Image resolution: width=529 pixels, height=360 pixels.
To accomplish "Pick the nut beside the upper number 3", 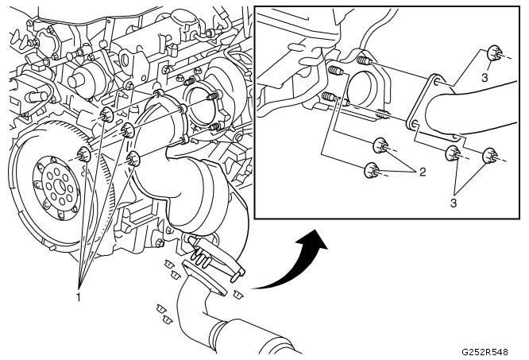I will pyautogui.click(x=492, y=53).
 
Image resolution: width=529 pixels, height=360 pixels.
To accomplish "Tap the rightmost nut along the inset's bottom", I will pyautogui.click(x=489, y=155).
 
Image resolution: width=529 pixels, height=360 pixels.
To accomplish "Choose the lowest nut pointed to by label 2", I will pyautogui.click(x=370, y=169).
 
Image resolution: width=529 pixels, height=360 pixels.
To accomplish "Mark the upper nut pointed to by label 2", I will pyautogui.click(x=380, y=146).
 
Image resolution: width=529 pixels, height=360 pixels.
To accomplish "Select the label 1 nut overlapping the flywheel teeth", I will pyautogui.click(x=83, y=154).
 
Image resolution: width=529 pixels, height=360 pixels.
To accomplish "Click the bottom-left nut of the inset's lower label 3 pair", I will pyautogui.click(x=454, y=153).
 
